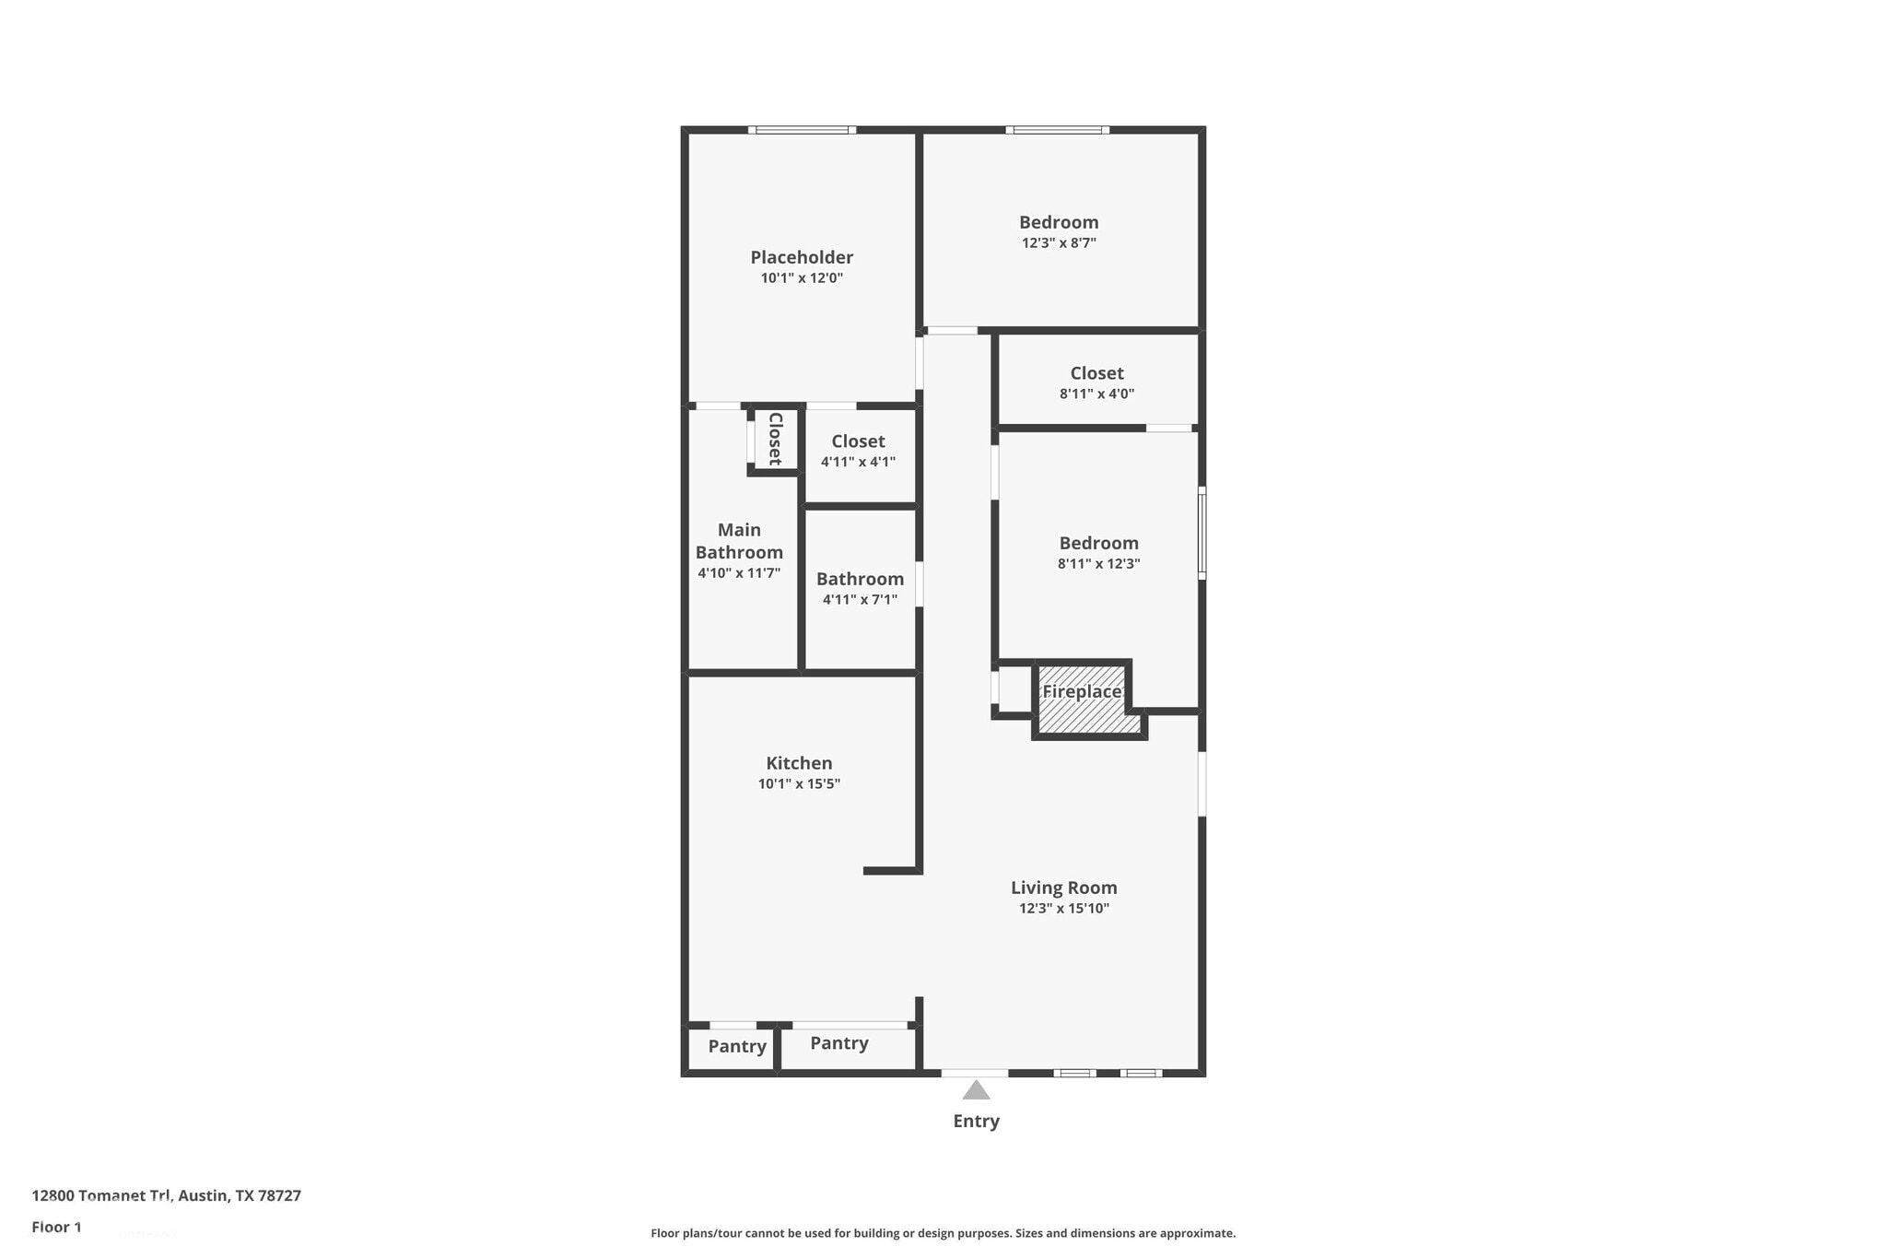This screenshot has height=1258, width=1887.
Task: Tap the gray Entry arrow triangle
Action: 976,1091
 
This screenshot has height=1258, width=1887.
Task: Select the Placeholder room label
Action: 802,257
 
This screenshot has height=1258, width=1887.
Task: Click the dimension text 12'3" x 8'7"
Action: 1059,243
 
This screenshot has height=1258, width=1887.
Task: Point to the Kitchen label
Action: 799,763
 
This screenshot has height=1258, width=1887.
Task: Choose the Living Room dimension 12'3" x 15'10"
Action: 1063,909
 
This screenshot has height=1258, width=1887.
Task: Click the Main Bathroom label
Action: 739,541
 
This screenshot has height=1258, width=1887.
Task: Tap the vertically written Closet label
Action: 775,439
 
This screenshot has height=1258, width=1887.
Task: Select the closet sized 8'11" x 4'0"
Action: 1096,382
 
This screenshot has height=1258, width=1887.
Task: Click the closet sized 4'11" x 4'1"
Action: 858,451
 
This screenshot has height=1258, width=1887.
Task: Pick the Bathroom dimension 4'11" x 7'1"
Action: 860,600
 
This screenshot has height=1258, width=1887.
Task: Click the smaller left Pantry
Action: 736,1047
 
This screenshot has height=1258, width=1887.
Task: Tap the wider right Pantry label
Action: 838,1043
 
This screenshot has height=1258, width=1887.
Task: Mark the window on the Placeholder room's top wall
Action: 802,130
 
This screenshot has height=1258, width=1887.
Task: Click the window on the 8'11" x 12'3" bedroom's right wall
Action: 1201,533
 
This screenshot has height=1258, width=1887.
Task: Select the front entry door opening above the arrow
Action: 975,1073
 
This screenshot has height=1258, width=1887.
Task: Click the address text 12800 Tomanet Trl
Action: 101,1195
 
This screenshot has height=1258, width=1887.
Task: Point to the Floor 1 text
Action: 56,1227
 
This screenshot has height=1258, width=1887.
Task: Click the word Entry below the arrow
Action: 976,1122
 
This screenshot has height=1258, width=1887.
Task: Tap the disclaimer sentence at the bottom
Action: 943,1233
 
